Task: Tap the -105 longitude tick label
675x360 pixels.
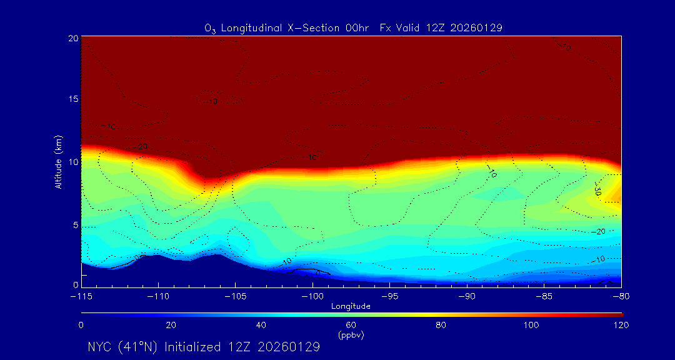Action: pos(236,295)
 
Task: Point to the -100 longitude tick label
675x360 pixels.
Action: pos(312,295)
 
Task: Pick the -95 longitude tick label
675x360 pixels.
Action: pos(389,295)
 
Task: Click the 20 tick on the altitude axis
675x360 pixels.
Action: pos(72,38)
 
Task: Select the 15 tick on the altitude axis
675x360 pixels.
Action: pos(72,100)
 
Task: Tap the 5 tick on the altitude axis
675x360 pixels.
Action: pos(74,224)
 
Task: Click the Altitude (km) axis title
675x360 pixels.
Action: pos(59,162)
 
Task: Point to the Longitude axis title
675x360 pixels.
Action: pos(351,306)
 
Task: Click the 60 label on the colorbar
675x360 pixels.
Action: pos(351,325)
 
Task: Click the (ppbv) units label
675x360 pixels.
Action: pos(351,335)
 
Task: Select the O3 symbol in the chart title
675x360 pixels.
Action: pos(211,28)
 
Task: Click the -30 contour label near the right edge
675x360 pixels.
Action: pos(597,190)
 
